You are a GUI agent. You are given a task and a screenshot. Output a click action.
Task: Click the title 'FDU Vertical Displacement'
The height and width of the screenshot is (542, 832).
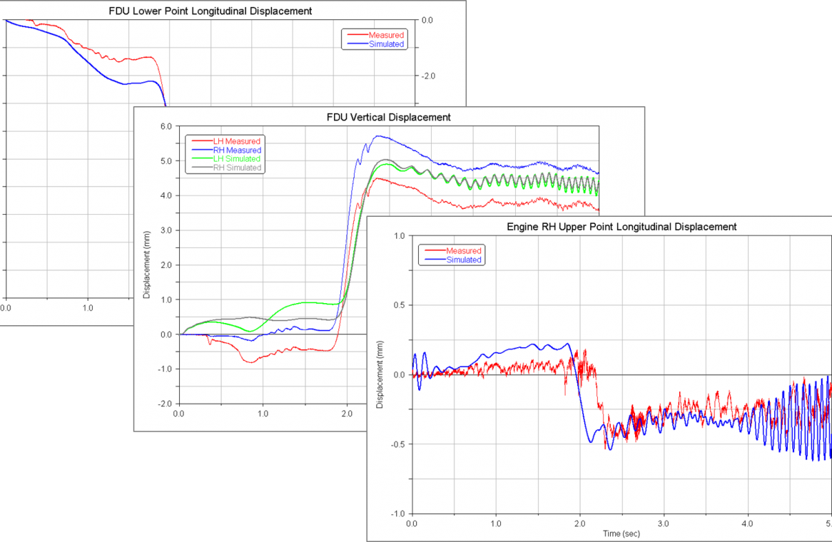point(389,117)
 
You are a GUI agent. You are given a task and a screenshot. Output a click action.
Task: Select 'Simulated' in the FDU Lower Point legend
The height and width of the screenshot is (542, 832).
point(386,44)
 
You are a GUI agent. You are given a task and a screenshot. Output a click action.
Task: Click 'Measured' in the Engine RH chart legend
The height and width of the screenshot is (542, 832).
point(463,251)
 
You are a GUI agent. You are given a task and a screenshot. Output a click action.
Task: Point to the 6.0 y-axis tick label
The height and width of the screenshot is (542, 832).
point(165,126)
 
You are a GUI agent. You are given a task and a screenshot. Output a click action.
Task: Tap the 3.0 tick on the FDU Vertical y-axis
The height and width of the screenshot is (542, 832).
point(165,230)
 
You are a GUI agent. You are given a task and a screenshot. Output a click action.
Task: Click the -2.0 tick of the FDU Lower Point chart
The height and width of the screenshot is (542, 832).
point(426,76)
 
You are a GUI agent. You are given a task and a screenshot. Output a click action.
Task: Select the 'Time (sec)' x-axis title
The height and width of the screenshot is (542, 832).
point(620,533)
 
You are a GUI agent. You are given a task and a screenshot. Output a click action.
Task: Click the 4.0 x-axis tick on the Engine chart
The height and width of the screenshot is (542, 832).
point(747,523)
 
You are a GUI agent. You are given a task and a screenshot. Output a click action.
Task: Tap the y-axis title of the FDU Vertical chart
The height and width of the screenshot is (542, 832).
point(146,265)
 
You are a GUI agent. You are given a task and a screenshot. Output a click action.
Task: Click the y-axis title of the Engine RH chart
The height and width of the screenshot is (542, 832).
point(380,374)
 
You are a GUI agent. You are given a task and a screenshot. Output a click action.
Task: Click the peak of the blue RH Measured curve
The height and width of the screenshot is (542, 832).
point(379,135)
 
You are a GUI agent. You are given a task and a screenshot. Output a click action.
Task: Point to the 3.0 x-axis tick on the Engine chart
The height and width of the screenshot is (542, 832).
point(664,523)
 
